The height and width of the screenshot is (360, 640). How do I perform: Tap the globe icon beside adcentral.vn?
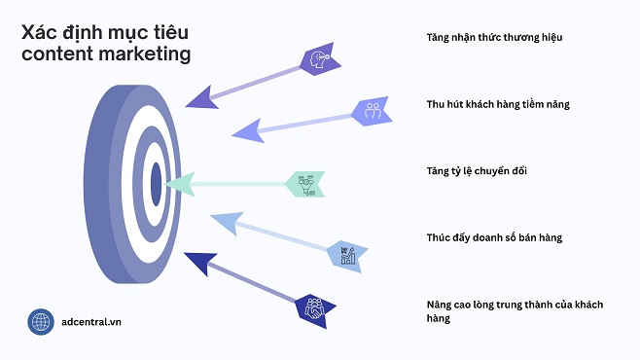click(x=41, y=322)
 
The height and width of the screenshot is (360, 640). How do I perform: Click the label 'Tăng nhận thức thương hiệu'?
click(x=494, y=37)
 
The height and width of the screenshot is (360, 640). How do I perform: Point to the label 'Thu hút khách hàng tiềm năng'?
click(x=499, y=103)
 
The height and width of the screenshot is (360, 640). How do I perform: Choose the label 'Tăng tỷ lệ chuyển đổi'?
click(x=477, y=171)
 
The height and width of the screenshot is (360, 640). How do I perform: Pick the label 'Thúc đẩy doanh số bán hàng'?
click(x=494, y=237)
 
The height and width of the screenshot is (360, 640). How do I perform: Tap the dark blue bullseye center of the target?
click(x=156, y=181)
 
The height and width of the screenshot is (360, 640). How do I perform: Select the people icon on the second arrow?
click(x=371, y=110)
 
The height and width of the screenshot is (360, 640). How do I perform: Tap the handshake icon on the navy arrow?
click(x=316, y=309)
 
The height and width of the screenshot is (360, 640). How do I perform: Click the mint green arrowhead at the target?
click(x=176, y=183)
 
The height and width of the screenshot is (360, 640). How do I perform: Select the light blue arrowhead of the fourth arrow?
click(x=225, y=223)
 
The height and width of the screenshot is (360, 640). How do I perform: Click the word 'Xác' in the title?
click(x=41, y=31)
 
